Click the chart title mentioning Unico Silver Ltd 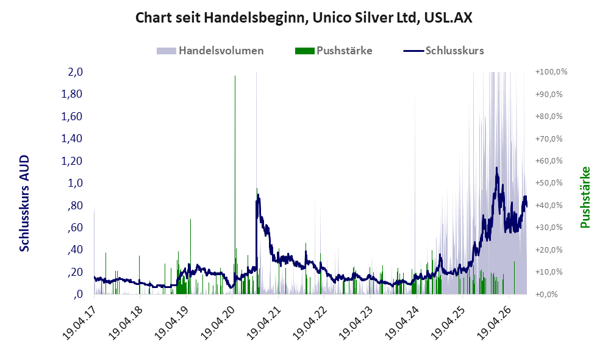pyautogui.click(x=304, y=18)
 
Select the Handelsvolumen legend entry pyautogui.click(x=210, y=51)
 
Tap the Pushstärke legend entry pyautogui.click(x=334, y=51)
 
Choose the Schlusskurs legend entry pyautogui.click(x=443, y=51)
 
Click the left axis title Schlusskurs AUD pyautogui.click(x=24, y=203)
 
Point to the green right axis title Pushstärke pyautogui.click(x=585, y=197)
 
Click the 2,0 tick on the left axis pyautogui.click(x=75, y=72)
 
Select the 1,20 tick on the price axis pyautogui.click(x=72, y=160)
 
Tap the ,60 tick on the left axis pyautogui.click(x=75, y=228)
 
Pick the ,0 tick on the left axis pyautogui.click(x=78, y=294)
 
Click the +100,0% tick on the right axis pyautogui.click(x=551, y=72)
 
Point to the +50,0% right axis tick pyautogui.click(x=549, y=182)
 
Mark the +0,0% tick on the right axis pyautogui.click(x=547, y=294)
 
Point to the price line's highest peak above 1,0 pyautogui.click(x=497, y=168)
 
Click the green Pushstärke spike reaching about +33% pyautogui.click(x=190, y=256)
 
